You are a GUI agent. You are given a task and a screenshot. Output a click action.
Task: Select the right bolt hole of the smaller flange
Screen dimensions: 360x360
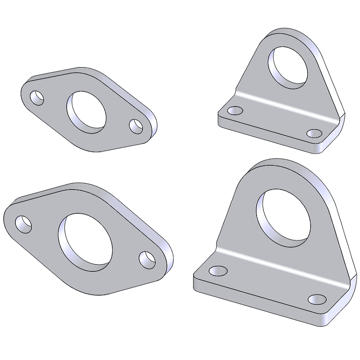[136, 126]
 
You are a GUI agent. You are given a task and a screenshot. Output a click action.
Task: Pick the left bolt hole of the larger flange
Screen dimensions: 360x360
[24, 224]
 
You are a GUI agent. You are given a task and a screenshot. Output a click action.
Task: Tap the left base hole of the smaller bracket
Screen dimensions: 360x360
[235, 111]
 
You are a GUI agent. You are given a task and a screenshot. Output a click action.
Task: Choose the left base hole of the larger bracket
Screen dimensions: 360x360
[218, 270]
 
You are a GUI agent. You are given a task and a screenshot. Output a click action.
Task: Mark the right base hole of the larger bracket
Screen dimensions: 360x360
[317, 300]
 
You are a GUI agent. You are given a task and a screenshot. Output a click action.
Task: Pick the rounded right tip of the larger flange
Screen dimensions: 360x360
[170, 260]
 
